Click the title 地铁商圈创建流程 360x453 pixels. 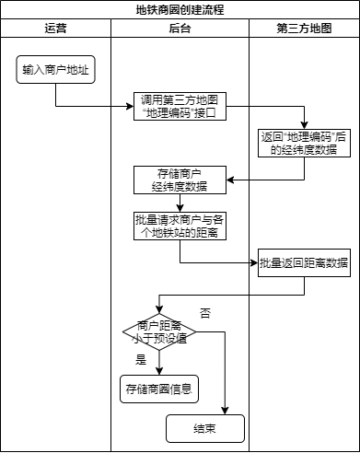pyautogui.click(x=180, y=10)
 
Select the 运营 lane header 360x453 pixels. pyautogui.click(x=55, y=29)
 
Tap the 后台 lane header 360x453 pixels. pyautogui.click(x=180, y=29)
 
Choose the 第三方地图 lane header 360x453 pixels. pyautogui.click(x=304, y=29)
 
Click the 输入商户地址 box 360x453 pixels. pyautogui.click(x=55, y=69)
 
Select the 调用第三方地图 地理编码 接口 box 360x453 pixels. pyautogui.click(x=180, y=106)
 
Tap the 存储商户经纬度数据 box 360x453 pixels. pyautogui.click(x=180, y=179)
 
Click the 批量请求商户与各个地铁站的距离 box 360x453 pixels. pyautogui.click(x=180, y=226)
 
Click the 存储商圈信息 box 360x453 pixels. pyautogui.click(x=158, y=389)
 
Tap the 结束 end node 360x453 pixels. pyautogui.click(x=204, y=428)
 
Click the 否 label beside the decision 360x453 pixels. pyautogui.click(x=204, y=314)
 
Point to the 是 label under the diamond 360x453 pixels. pyautogui.click(x=141, y=359)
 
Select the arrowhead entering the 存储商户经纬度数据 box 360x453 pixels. pyautogui.click(x=230, y=179)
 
